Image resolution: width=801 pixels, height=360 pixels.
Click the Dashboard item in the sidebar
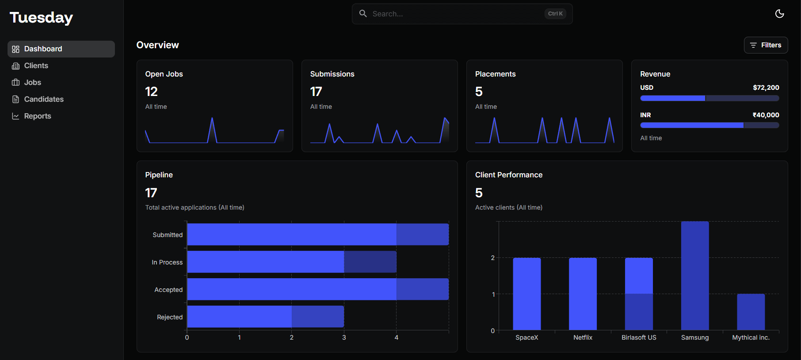[61, 49]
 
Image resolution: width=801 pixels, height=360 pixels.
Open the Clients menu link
[36, 66]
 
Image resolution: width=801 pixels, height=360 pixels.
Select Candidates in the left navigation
[43, 100]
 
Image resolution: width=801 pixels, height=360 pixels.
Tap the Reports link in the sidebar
[37, 116]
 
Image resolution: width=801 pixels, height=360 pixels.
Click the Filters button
[766, 45]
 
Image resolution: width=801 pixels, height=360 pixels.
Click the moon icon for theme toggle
[779, 14]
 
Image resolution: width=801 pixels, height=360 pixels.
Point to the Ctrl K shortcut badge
[555, 14]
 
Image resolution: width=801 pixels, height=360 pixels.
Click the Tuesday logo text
[41, 18]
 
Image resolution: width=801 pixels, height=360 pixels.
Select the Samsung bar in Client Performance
[694, 276]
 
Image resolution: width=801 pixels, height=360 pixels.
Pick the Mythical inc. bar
[751, 312]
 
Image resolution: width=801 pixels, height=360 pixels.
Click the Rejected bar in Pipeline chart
[265, 317]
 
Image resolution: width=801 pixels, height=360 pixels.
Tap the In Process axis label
[167, 262]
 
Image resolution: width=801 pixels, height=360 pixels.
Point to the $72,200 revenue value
[766, 88]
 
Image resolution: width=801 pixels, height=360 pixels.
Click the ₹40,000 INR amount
[766, 115]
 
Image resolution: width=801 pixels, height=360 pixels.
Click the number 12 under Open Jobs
[151, 92]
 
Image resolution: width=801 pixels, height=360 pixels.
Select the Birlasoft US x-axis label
[639, 337]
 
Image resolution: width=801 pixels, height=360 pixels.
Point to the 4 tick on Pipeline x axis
[396, 337]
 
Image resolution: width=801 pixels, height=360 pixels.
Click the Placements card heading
[495, 74]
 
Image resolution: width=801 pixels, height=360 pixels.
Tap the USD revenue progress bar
[709, 98]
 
